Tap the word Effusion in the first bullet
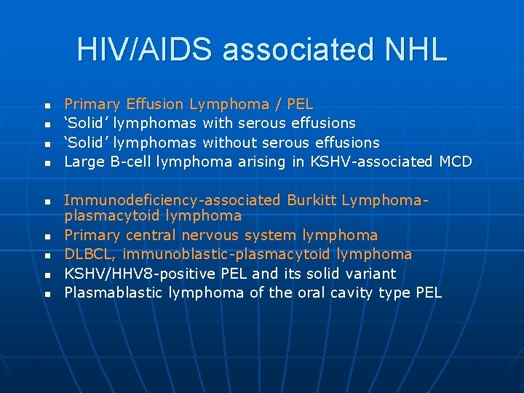pos(156,104)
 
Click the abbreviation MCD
pos(456,162)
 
